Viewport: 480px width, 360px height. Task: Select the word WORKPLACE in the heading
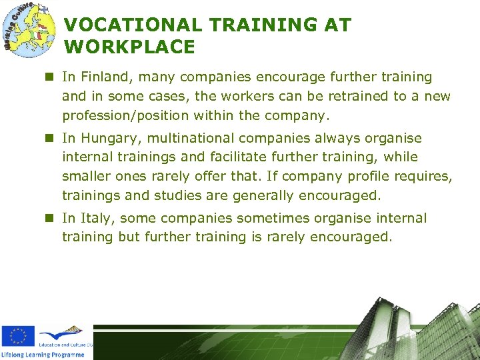point(130,47)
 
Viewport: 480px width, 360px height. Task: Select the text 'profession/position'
point(125,115)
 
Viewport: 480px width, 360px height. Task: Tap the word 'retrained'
point(349,96)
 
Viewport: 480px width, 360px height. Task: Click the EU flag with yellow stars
point(18,336)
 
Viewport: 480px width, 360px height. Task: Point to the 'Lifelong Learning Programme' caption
point(43,355)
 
